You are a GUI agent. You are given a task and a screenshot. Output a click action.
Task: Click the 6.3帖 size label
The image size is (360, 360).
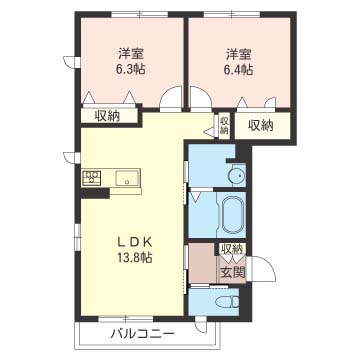click(x=131, y=69)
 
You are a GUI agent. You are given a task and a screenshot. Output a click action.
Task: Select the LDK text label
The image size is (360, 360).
click(x=135, y=243)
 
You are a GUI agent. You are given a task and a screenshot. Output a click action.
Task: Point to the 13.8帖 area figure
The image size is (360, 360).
click(x=135, y=257)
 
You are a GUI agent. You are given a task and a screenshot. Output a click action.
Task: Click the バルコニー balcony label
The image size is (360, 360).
click(x=143, y=334)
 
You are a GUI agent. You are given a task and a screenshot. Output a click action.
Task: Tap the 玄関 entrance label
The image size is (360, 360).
click(x=232, y=272)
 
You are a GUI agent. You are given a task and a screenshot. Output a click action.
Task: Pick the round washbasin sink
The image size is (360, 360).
click(x=239, y=174)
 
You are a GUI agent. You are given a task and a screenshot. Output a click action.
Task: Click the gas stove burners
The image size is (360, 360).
click(x=92, y=177)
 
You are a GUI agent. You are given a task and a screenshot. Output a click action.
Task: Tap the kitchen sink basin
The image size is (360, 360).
click(x=127, y=178)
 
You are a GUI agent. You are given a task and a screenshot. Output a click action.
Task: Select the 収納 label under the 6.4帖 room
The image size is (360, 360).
click(x=260, y=125)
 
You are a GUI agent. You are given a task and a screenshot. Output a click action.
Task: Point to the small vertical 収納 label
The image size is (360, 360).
click(x=224, y=125)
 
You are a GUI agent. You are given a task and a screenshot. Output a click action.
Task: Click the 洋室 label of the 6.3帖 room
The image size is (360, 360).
click(x=131, y=54)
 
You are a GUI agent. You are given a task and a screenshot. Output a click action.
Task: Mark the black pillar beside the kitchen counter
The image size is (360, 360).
click(x=95, y=194)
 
